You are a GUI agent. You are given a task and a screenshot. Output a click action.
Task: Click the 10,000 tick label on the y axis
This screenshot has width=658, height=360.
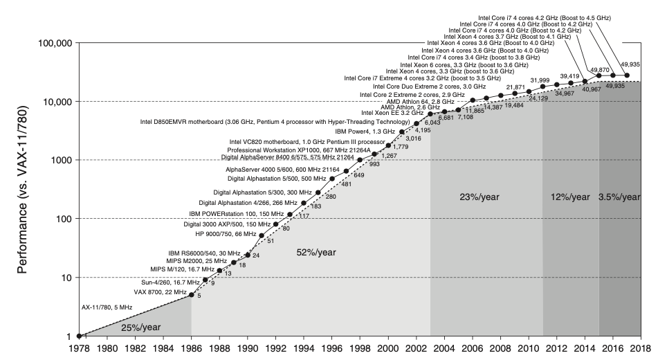pyautogui.click(x=55, y=101)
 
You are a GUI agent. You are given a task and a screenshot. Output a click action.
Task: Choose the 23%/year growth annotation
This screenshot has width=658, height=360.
pyautogui.click(x=479, y=197)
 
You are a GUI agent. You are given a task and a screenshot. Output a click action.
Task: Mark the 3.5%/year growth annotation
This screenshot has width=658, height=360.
pyautogui.click(x=619, y=197)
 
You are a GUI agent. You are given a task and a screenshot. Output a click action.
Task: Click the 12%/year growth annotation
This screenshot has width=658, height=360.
pyautogui.click(x=570, y=197)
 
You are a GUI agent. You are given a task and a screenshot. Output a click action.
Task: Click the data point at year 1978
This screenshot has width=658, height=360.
pyautogui.click(x=78, y=336)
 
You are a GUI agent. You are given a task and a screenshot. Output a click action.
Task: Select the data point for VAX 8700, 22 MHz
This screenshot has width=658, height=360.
pyautogui.click(x=191, y=295)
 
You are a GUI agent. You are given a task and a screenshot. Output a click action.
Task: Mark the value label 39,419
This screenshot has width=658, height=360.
pyautogui.click(x=569, y=76)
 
